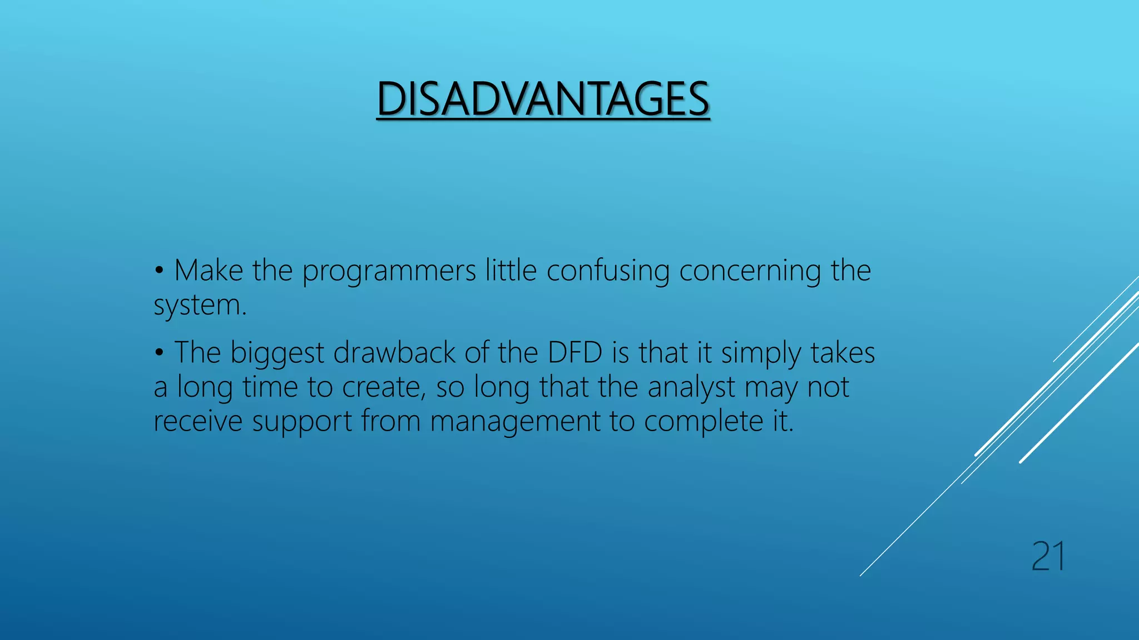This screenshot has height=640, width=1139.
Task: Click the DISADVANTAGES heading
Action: coord(543,99)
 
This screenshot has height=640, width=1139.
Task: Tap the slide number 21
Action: coord(1048,557)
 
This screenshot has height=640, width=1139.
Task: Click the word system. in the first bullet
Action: coord(200,306)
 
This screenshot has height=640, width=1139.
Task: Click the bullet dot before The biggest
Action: coord(160,353)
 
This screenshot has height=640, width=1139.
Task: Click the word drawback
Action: coord(394,353)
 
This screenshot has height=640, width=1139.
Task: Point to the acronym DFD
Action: coord(575,353)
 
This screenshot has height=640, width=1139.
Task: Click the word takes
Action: coord(842,353)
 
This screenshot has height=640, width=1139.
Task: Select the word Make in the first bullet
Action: coord(209,271)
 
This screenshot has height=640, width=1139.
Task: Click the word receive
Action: coord(197,421)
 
